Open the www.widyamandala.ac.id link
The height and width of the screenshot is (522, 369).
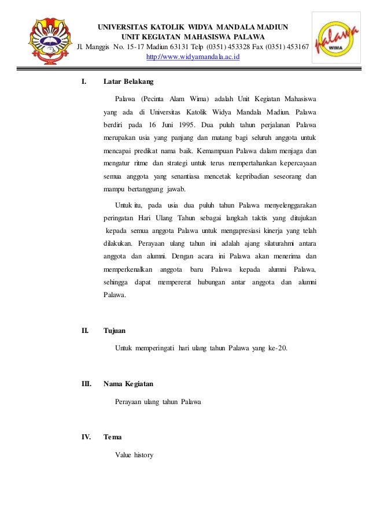tap(193, 58)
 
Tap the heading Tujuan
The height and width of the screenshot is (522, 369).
tap(114, 331)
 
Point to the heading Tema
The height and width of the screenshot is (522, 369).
tap(112, 436)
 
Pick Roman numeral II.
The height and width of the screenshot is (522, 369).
tap(85, 331)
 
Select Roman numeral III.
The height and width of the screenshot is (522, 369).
tap(86, 383)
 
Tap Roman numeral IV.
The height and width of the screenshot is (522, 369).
tap(86, 436)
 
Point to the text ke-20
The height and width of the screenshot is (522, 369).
tap(277, 348)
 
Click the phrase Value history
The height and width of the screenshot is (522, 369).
tap(134, 454)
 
